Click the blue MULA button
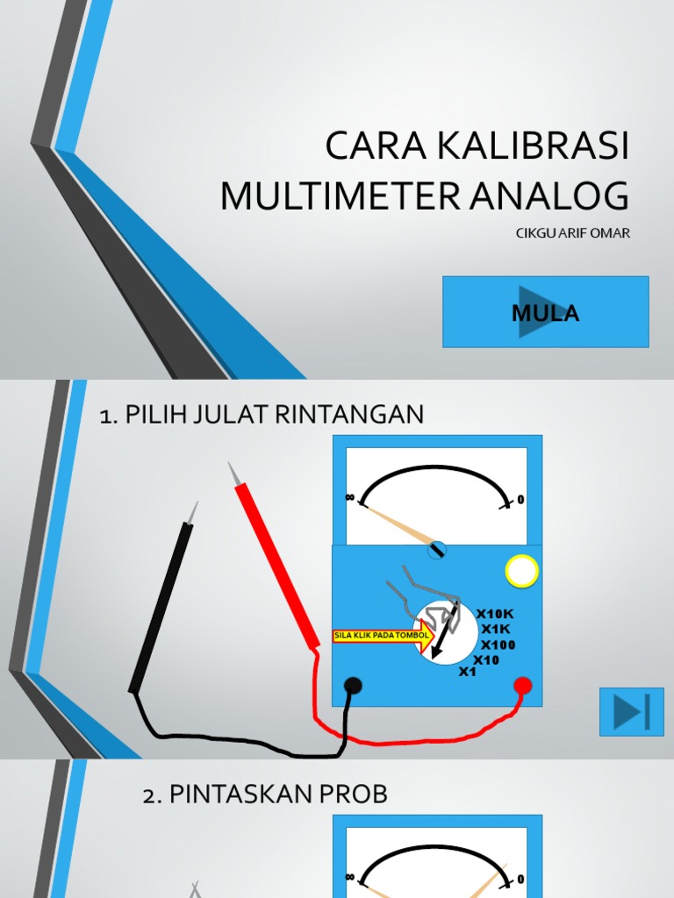tap(545, 311)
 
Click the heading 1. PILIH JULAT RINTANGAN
tap(262, 415)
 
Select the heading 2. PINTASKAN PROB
tap(264, 795)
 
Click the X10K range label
tap(496, 614)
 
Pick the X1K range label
tap(495, 629)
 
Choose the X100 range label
tap(498, 645)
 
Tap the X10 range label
tap(485, 659)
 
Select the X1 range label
tap(468, 672)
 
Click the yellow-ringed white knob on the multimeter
tap(521, 572)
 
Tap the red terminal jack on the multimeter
tap(522, 685)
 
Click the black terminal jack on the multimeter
tap(353, 686)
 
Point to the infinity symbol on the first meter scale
tap(350, 497)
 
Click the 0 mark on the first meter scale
tap(520, 500)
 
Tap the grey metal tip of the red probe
tap(233, 473)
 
